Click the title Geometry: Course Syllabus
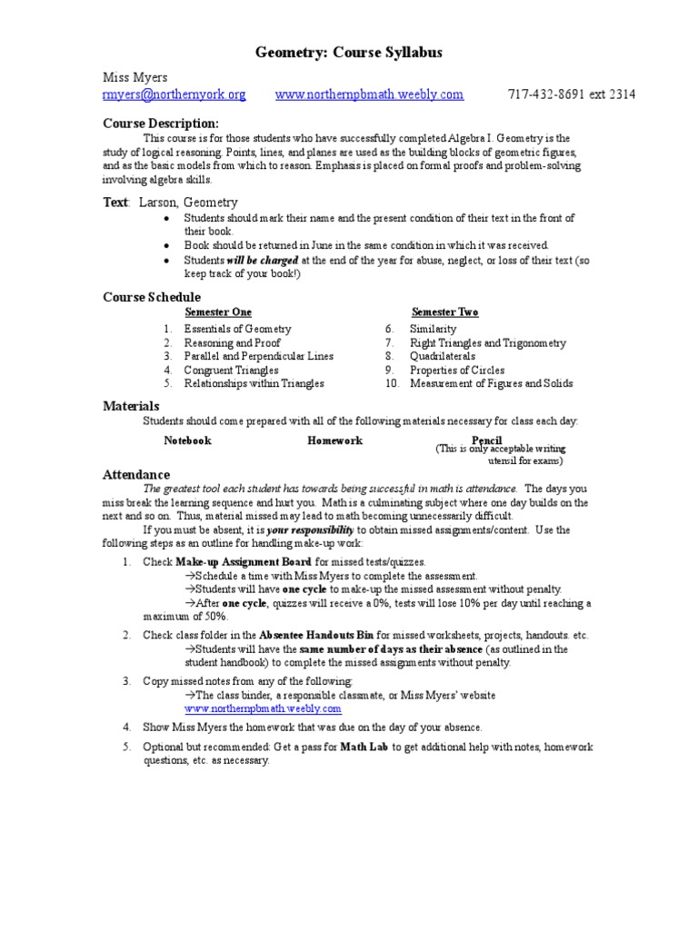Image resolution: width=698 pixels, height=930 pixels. click(349, 54)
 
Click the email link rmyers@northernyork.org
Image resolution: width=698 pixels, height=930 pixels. click(174, 94)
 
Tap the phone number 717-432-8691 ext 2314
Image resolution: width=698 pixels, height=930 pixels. click(571, 94)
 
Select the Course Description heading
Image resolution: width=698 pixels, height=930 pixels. click(160, 123)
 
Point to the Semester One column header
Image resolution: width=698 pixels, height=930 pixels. click(218, 312)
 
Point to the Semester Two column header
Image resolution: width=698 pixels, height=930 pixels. click(444, 312)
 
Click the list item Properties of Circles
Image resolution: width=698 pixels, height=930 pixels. click(456, 370)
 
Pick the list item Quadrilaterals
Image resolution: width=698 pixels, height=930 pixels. click(444, 356)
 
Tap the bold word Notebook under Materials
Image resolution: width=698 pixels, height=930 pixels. click(187, 440)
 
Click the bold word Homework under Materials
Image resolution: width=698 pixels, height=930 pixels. click(334, 440)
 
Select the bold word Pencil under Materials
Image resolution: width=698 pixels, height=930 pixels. click(487, 440)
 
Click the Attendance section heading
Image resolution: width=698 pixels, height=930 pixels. click(135, 474)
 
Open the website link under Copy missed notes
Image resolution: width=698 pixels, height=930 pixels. click(263, 708)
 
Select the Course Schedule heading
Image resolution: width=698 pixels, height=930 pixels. click(152, 297)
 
